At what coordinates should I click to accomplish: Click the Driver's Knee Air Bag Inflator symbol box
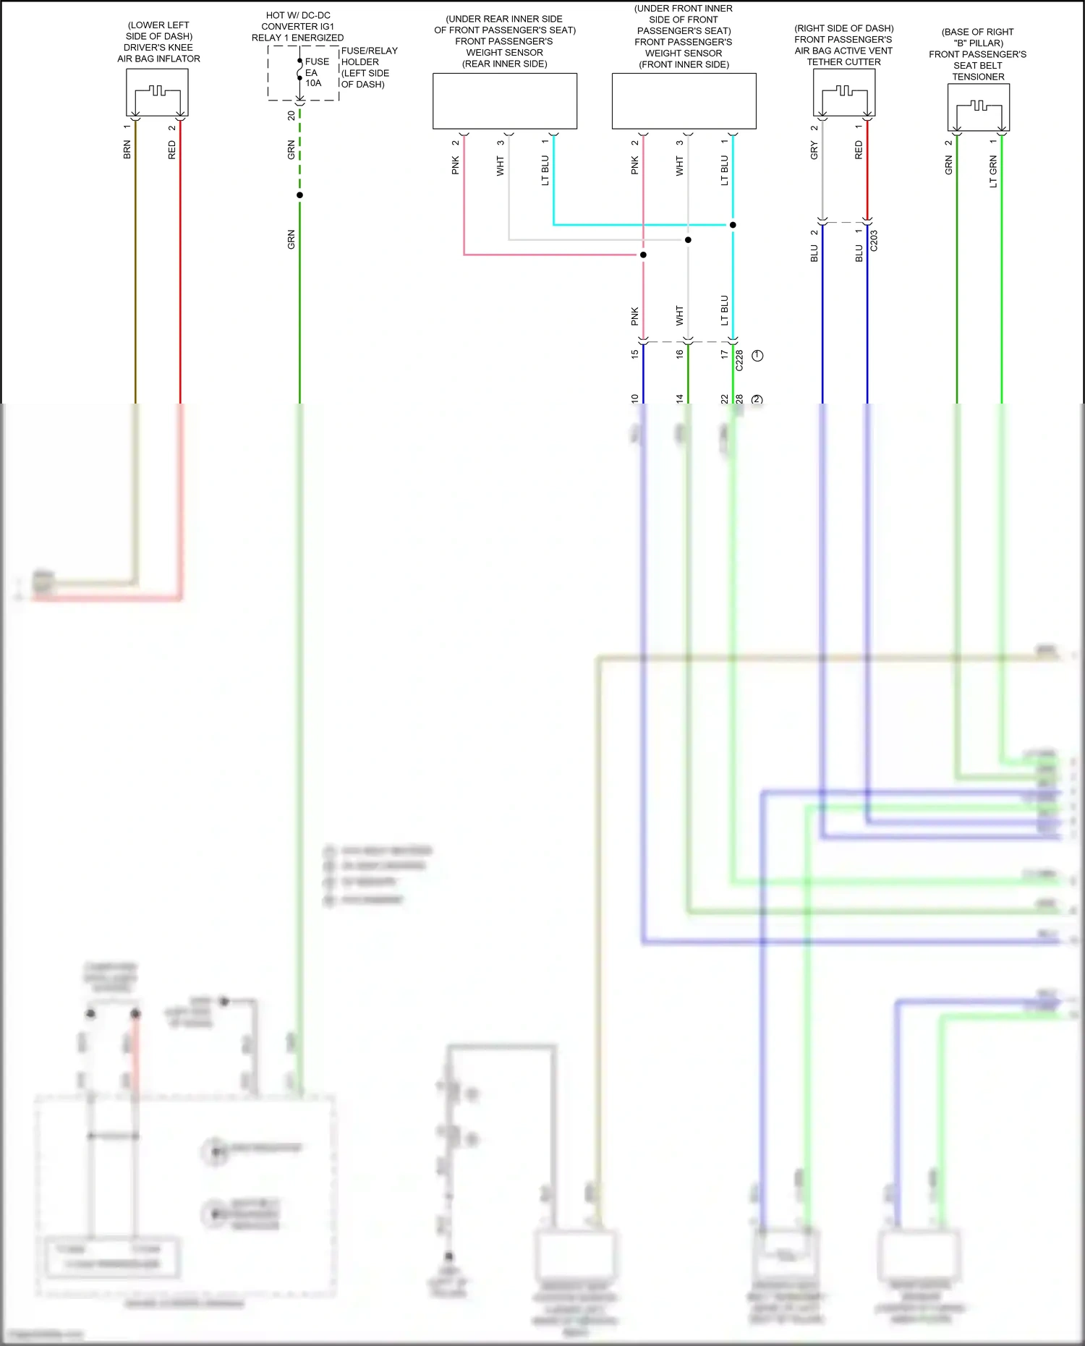(x=157, y=92)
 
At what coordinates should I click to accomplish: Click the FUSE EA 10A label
(x=315, y=72)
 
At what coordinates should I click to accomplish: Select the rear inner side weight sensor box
(x=504, y=101)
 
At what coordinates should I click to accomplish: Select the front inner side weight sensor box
(x=684, y=101)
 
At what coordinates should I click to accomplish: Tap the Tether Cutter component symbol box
(x=843, y=92)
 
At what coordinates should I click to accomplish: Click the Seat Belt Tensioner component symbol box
(x=978, y=107)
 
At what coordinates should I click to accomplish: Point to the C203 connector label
(x=874, y=241)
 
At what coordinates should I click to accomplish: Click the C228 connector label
(x=739, y=361)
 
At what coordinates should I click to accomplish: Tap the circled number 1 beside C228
(x=757, y=356)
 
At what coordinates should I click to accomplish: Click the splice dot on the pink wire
(x=643, y=255)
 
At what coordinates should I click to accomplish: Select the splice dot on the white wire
(x=688, y=239)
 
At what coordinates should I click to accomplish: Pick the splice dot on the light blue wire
(x=733, y=225)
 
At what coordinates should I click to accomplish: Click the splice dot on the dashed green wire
(x=299, y=195)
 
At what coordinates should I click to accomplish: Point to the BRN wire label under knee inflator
(x=127, y=150)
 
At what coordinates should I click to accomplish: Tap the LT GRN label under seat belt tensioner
(x=993, y=171)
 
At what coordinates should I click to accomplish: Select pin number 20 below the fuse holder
(x=291, y=116)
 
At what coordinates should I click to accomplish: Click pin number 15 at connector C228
(x=634, y=354)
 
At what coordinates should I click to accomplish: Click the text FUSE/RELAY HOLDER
(x=369, y=56)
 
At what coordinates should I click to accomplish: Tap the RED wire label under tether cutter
(x=859, y=150)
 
